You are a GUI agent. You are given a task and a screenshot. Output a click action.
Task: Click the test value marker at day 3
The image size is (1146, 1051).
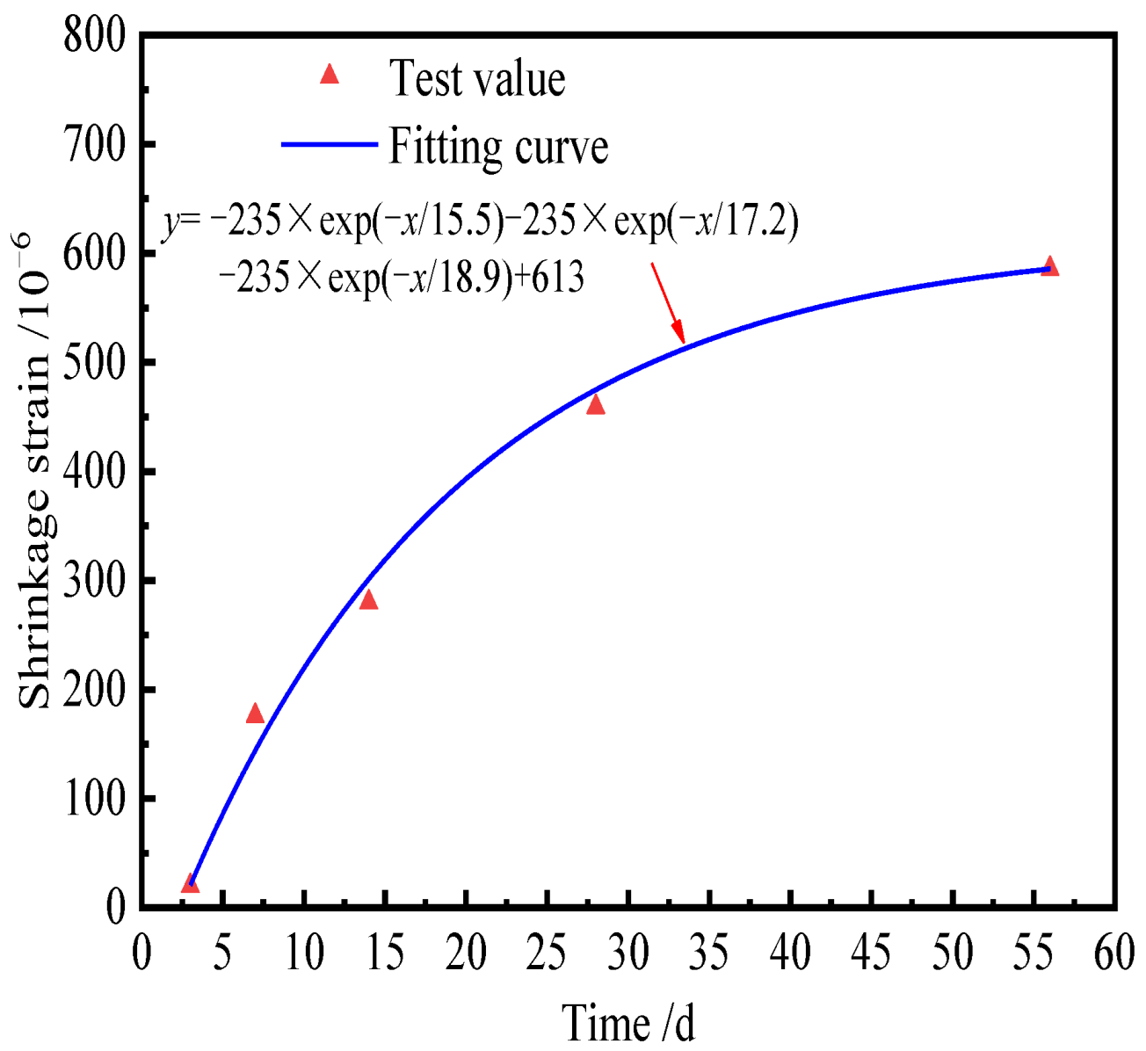[190, 884]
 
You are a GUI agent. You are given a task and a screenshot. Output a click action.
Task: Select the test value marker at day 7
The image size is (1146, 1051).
[255, 714]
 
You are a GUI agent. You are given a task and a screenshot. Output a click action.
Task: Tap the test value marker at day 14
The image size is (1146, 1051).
[368, 600]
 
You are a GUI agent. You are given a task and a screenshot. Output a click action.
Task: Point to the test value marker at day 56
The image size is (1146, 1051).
[1049, 267]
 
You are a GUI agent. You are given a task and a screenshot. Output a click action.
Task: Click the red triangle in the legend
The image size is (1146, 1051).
[330, 75]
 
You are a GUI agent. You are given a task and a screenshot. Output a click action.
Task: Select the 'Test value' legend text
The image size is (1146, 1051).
[477, 79]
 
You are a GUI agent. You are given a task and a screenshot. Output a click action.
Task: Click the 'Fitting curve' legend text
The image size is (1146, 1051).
[498, 146]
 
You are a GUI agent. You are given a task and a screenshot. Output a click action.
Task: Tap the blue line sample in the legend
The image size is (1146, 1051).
[329, 143]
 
